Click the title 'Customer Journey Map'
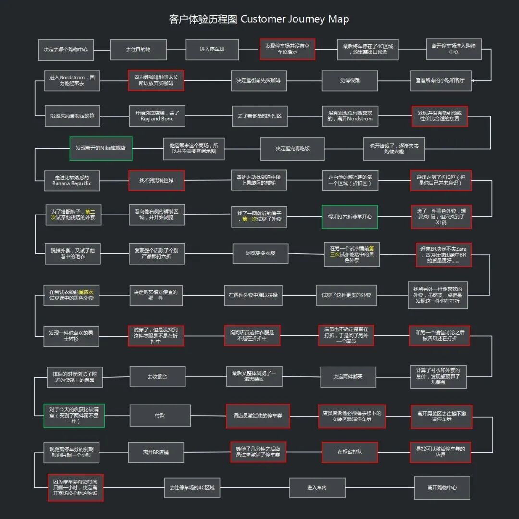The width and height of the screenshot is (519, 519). click(295, 19)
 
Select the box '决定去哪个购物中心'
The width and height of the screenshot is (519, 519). click(66, 50)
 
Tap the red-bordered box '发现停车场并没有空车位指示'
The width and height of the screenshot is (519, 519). click(287, 49)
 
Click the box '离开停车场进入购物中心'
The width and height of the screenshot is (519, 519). click(453, 49)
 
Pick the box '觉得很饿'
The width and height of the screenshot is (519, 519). click(349, 81)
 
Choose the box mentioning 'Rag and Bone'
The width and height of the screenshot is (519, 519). click(157, 116)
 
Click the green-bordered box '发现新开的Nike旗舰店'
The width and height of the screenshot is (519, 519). click(101, 148)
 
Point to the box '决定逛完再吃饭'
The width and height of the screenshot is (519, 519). click(292, 148)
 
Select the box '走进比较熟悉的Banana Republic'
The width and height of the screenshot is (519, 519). click(72, 180)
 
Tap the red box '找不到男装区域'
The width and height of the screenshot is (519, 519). click(156, 180)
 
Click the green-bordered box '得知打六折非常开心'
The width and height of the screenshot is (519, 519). click(349, 217)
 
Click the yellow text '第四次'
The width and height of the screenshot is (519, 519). click(86, 292)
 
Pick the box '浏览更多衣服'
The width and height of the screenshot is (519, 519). click(260, 253)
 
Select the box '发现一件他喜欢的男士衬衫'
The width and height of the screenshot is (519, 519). click(71, 335)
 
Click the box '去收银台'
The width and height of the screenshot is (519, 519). click(157, 377)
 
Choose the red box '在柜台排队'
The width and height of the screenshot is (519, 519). click(349, 452)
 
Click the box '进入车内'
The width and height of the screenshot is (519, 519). click(317, 488)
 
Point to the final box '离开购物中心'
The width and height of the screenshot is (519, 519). click(442, 488)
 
